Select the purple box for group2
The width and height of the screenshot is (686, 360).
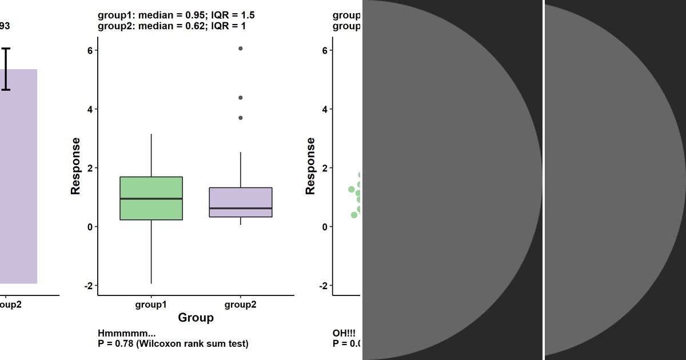pyautogui.click(x=240, y=197)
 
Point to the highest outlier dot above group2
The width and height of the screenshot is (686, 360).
pyautogui.click(x=241, y=49)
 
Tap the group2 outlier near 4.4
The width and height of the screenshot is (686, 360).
pyautogui.click(x=241, y=98)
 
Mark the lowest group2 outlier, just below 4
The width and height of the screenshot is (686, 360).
pyautogui.click(x=241, y=118)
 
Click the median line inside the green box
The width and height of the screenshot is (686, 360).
pyautogui.click(x=151, y=199)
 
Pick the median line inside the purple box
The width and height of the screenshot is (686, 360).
pyautogui.click(x=240, y=209)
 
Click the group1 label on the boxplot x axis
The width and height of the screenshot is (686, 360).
pyautogui.click(x=151, y=305)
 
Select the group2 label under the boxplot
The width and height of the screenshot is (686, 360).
pyautogui.click(x=240, y=305)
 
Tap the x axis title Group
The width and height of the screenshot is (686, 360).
pyautogui.click(x=196, y=318)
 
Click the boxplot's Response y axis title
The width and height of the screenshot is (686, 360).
pyautogui.click(x=75, y=166)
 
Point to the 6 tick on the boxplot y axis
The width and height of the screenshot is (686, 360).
pyautogui.click(x=89, y=50)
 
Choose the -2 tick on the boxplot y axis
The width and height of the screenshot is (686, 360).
pyautogui.click(x=87, y=286)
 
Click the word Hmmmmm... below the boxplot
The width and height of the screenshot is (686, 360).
pyautogui.click(x=126, y=334)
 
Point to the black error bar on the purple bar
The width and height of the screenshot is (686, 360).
pyautogui.click(x=6, y=69)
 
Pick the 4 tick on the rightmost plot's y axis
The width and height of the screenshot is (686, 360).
pyautogui.click(x=324, y=109)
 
